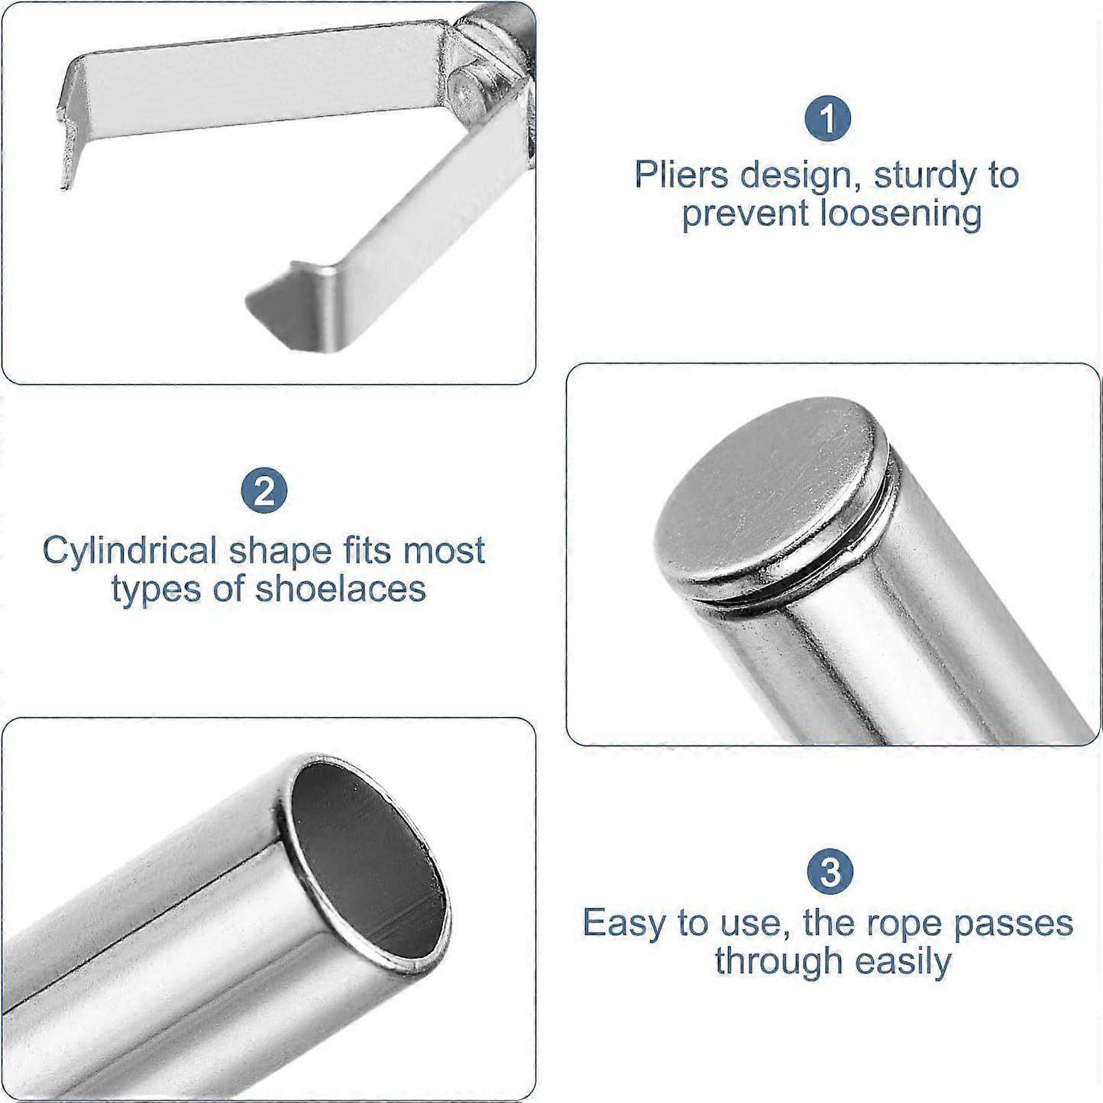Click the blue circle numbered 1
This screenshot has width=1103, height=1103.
[x=828, y=119]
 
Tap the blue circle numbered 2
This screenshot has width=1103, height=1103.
[x=264, y=490]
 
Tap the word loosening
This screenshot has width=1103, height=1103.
[x=901, y=213]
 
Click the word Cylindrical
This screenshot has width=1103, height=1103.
[x=130, y=551]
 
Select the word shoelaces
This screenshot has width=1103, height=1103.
[x=341, y=588]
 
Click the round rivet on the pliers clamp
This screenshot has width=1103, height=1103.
[x=467, y=90]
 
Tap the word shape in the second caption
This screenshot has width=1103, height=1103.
[x=280, y=551]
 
